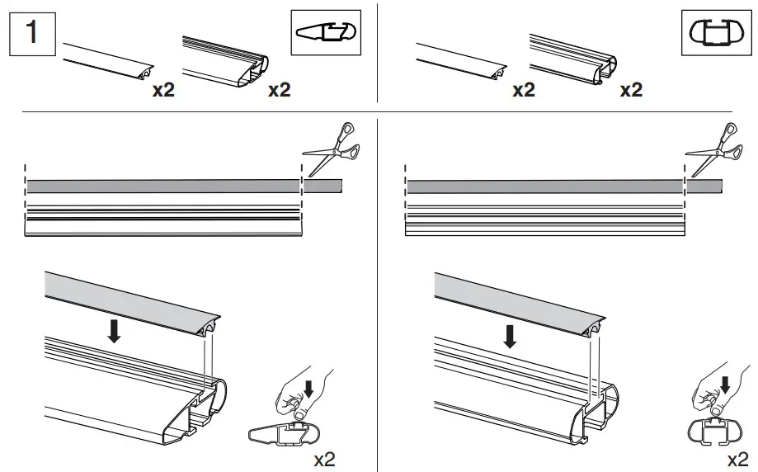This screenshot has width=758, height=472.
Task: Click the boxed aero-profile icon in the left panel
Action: click(327, 34)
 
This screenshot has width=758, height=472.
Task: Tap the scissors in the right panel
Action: click(713, 148)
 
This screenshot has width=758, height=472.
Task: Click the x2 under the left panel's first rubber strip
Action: click(163, 90)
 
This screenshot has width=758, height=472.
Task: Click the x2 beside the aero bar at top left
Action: click(280, 90)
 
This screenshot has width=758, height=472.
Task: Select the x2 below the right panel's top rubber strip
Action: click(524, 90)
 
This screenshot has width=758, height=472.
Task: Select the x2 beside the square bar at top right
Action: click(631, 90)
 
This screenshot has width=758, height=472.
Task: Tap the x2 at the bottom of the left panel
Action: click(324, 459)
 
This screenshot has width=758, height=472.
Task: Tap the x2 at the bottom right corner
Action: click(738, 459)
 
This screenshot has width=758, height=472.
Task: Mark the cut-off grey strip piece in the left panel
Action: click(323, 186)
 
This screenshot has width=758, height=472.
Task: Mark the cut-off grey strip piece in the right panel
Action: click(704, 186)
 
